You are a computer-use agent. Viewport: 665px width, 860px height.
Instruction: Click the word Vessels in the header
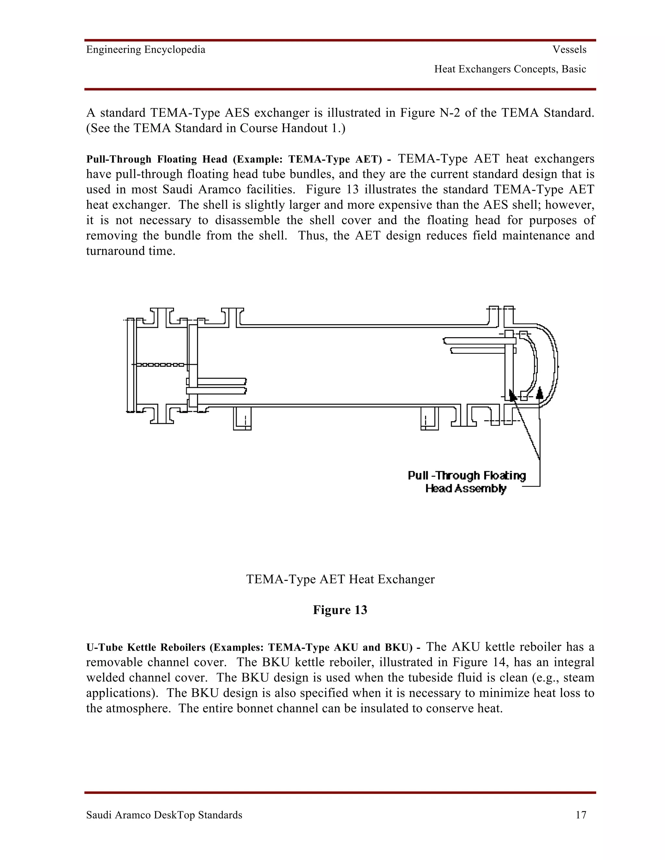(x=569, y=50)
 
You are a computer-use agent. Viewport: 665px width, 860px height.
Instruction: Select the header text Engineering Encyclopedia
(x=146, y=50)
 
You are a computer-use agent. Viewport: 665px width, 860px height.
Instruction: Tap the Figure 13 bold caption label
(x=340, y=610)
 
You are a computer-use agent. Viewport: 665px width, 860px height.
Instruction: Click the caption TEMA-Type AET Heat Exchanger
(x=340, y=579)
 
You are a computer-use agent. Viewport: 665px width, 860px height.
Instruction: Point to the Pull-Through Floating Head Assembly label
(x=467, y=482)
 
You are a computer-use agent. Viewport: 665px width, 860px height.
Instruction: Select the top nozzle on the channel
(x=161, y=317)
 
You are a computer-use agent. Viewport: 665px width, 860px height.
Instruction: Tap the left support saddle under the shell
(x=242, y=418)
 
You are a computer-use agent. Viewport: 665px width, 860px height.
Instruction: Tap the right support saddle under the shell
(x=429, y=418)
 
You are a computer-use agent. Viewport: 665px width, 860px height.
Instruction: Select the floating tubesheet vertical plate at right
(x=509, y=365)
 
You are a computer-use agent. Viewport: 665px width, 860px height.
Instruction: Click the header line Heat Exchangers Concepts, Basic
(x=510, y=69)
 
